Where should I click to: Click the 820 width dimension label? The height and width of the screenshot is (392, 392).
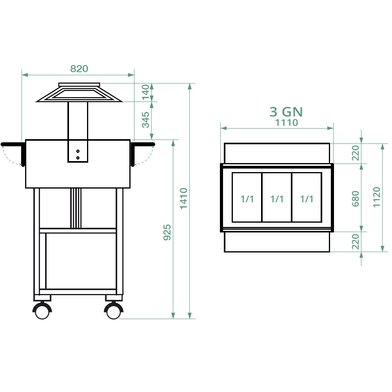[x=79, y=69]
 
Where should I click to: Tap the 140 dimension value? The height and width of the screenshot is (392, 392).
[x=145, y=92]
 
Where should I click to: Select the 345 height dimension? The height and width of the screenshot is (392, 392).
[x=145, y=120]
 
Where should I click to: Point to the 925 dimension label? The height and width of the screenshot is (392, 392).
[x=167, y=232]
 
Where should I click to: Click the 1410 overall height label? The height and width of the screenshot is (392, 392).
[x=184, y=198]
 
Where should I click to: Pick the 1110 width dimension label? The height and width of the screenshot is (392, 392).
[x=287, y=122]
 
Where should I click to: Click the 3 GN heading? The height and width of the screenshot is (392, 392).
[x=286, y=112]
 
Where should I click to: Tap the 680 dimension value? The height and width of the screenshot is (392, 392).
[x=355, y=199]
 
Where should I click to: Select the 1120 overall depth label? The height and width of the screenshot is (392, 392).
[x=376, y=197]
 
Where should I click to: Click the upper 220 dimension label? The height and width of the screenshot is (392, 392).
[x=355, y=153]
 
